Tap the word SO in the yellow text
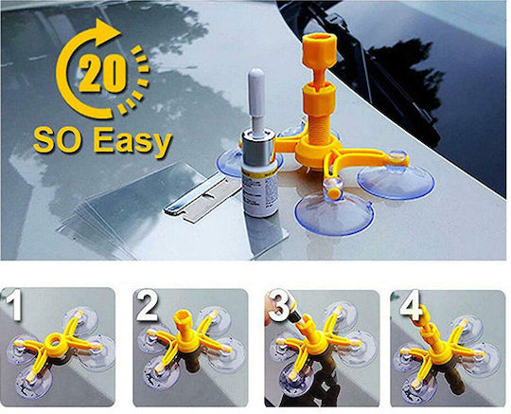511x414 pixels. pyautogui.click(x=57, y=141)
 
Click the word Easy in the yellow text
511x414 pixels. pyautogui.click(x=132, y=143)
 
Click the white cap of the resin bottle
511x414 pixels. pyautogui.click(x=256, y=99)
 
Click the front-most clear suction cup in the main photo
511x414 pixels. pyautogui.click(x=334, y=213)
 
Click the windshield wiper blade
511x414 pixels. pyautogui.click(x=374, y=66)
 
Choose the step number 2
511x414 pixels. pyautogui.click(x=147, y=305)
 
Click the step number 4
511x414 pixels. pyautogui.click(x=411, y=305)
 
